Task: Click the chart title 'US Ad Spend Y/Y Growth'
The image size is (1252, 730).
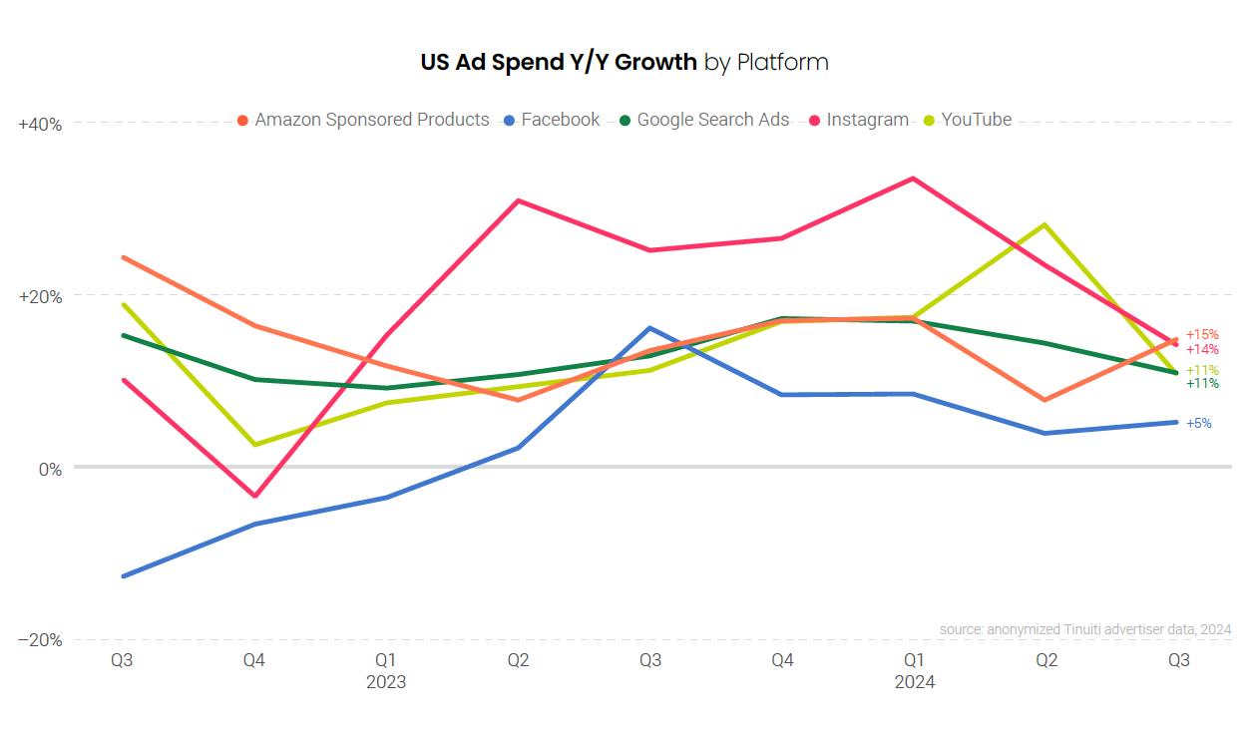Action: [x=559, y=62]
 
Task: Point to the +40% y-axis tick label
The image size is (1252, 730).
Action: [x=41, y=125]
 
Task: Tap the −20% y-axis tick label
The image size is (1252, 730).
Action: [x=41, y=640]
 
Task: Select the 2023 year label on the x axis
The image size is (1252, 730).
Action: [x=386, y=683]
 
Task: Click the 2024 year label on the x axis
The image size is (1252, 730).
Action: [x=914, y=683]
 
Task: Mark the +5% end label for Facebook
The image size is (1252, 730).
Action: [x=1199, y=423]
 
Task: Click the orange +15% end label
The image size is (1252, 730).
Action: [x=1202, y=334]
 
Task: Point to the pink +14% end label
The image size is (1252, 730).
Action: [x=1202, y=349]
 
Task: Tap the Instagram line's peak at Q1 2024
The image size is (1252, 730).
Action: [x=913, y=179]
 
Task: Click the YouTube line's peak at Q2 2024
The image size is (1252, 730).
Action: [x=1045, y=224]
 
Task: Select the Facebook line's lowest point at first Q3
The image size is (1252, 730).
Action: [x=123, y=576]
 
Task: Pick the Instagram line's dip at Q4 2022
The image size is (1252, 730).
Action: [x=254, y=496]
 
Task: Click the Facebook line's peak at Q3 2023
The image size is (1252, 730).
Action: [x=649, y=328]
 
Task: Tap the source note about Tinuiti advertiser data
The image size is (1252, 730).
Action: [x=1084, y=629]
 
